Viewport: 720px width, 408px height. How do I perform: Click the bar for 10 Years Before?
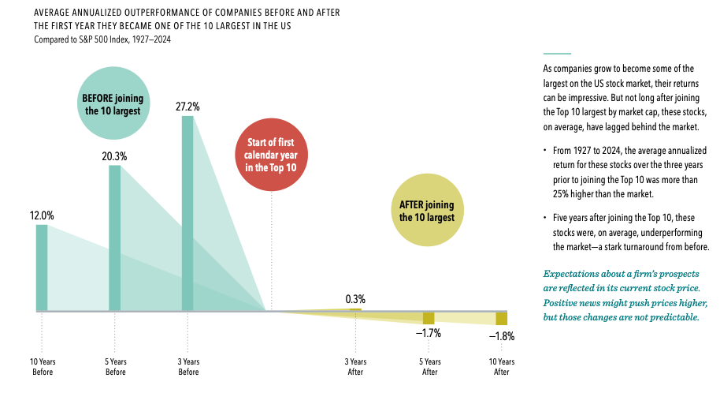[42, 268]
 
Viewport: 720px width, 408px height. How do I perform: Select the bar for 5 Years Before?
[115, 238]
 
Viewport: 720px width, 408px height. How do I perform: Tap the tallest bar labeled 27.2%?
[187, 213]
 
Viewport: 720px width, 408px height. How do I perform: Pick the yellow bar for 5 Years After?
[429, 317]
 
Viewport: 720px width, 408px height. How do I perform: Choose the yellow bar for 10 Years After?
[501, 318]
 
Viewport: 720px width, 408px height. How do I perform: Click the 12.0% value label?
[42, 215]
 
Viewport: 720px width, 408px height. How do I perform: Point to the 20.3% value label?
[115, 155]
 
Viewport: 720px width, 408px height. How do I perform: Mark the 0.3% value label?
[355, 299]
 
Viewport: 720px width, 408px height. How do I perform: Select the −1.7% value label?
[429, 333]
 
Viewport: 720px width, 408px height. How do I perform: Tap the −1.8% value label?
[501, 336]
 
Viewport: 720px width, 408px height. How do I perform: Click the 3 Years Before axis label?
[188, 366]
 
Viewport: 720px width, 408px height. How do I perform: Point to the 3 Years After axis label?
[355, 366]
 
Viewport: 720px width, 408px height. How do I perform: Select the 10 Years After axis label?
[502, 366]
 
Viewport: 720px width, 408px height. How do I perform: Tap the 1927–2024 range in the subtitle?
[149, 39]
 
